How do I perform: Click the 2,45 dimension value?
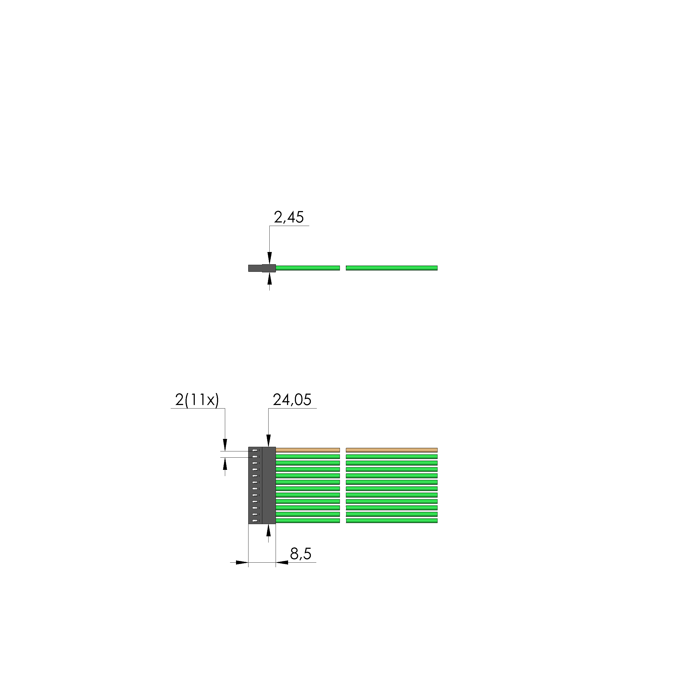(x=289, y=217)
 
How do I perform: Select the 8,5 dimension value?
(x=301, y=554)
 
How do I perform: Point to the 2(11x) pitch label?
(x=197, y=400)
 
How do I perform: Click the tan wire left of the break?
(x=308, y=450)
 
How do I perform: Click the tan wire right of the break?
(x=391, y=450)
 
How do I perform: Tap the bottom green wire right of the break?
(x=391, y=521)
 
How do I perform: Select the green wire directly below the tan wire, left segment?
(x=308, y=457)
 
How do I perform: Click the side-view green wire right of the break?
(x=391, y=268)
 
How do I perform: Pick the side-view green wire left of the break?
(x=308, y=268)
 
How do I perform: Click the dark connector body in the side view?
(x=262, y=268)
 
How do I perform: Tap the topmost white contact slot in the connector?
(x=255, y=450)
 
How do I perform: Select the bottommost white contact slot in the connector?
(x=255, y=521)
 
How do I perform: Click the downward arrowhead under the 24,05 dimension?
(x=269, y=441)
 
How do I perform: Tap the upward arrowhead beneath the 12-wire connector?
(x=269, y=530)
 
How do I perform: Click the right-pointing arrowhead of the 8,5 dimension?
(x=242, y=562)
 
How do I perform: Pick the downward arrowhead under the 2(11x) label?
(x=225, y=445)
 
